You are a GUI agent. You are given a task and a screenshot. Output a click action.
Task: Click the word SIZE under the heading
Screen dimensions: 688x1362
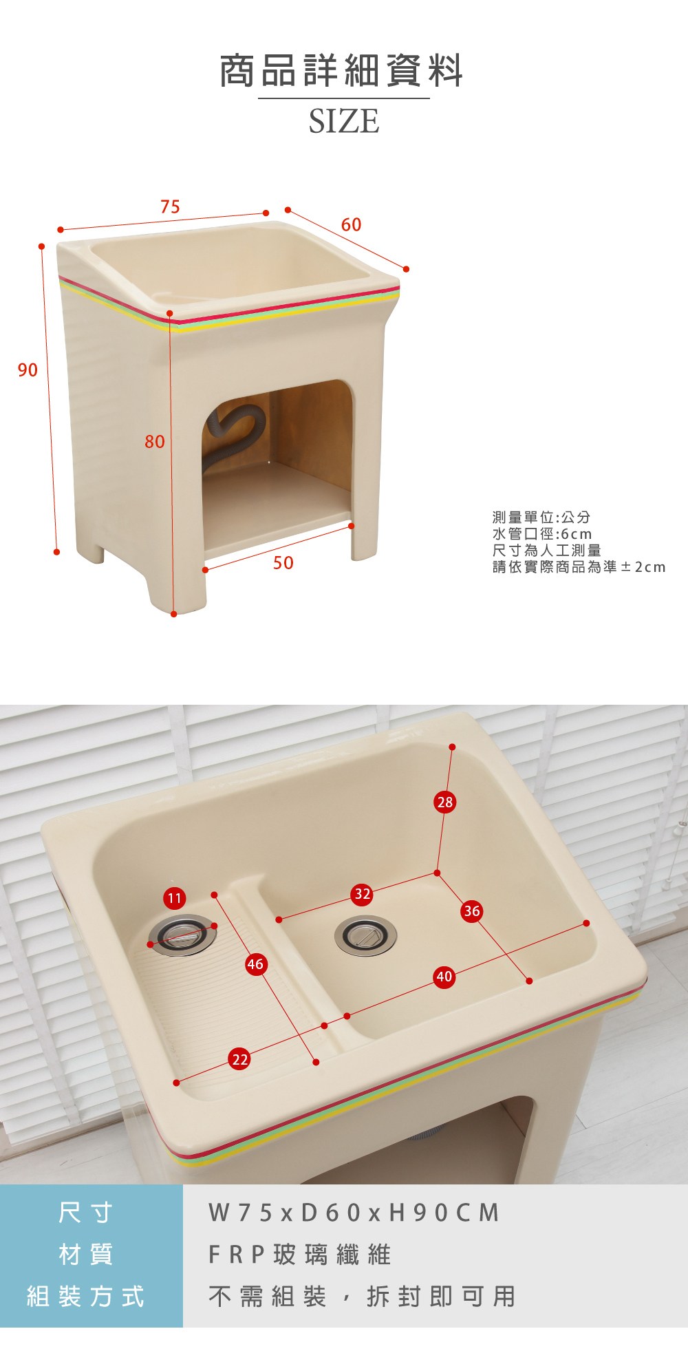click(x=344, y=121)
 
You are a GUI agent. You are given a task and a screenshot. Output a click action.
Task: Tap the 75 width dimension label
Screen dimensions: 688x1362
click(x=170, y=206)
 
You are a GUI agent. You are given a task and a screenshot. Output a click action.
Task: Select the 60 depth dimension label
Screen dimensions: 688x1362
click(x=351, y=224)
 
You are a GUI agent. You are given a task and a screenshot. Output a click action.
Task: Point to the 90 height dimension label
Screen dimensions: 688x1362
click(x=28, y=370)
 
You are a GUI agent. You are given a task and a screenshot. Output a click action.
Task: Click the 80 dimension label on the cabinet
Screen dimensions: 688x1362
click(x=155, y=441)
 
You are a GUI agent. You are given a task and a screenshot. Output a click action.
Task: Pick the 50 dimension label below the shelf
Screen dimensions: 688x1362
click(x=283, y=563)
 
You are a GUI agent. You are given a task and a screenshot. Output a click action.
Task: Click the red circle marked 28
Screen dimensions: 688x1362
click(x=445, y=802)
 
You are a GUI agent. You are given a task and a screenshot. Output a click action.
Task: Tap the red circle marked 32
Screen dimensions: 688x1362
click(x=362, y=894)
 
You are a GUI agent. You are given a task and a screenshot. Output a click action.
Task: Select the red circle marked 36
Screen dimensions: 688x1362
click(x=471, y=911)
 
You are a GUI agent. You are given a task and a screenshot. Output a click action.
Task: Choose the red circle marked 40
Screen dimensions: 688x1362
click(x=444, y=977)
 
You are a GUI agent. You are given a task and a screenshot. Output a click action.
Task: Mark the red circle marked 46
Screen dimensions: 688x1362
click(x=255, y=964)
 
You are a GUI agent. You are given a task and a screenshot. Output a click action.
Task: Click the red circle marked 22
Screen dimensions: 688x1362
click(x=239, y=1059)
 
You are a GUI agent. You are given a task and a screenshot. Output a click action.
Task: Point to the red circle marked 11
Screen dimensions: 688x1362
click(x=175, y=898)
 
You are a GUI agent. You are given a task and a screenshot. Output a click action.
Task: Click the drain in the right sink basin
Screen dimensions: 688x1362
click(x=365, y=936)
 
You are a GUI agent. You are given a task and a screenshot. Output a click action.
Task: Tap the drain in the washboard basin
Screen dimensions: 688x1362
click(x=183, y=935)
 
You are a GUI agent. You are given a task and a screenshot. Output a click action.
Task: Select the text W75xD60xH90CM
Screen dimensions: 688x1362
click(x=354, y=1212)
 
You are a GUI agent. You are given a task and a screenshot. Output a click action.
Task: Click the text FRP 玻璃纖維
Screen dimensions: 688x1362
click(x=299, y=1255)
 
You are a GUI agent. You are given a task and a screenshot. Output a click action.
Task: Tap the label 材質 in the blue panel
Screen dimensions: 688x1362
click(x=86, y=1255)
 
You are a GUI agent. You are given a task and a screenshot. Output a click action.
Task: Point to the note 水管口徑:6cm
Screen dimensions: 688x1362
click(x=542, y=534)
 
